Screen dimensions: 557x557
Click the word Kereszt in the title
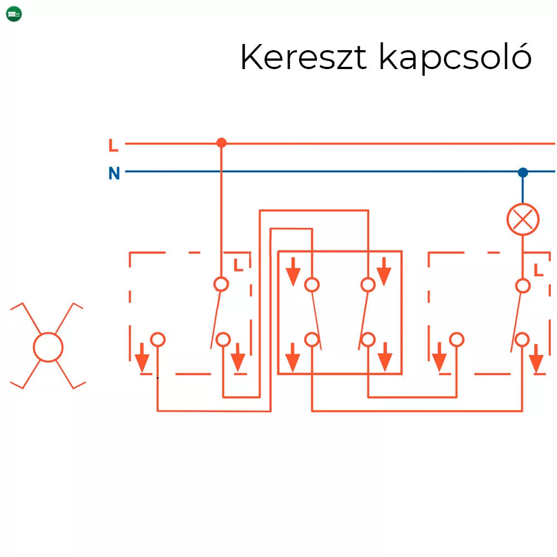pyautogui.click(x=303, y=57)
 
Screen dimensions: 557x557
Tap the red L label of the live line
pyautogui.click(x=114, y=146)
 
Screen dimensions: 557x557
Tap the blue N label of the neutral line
pyautogui.click(x=114, y=174)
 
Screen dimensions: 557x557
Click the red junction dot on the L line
pyautogui.click(x=221, y=143)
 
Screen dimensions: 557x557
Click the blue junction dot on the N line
pyautogui.click(x=522, y=173)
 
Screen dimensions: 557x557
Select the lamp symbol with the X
pyautogui.click(x=522, y=219)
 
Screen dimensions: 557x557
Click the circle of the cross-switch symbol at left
pyautogui.click(x=48, y=346)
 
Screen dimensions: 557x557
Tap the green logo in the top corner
pyautogui.click(x=14, y=14)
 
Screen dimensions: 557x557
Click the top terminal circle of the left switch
pyautogui.click(x=221, y=284)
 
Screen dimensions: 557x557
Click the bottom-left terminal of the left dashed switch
pyautogui.click(x=158, y=339)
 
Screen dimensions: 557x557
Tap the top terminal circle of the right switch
pyautogui.click(x=522, y=286)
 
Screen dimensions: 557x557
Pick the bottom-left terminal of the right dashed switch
pyautogui.click(x=457, y=339)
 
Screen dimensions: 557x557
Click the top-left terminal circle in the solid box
pyautogui.click(x=312, y=285)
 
